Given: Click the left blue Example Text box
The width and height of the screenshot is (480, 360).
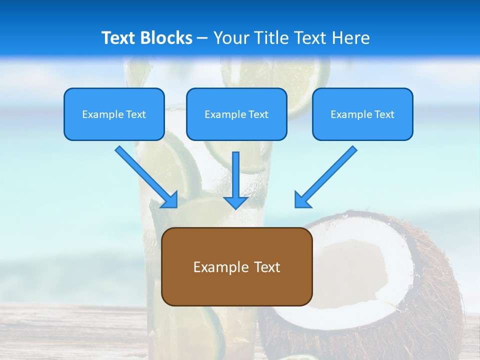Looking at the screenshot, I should [x=114, y=114].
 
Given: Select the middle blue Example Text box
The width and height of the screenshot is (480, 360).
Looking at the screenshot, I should [x=236, y=114].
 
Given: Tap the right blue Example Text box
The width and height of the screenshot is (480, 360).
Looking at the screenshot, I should [x=362, y=114].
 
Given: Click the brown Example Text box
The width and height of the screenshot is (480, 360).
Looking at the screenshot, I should [x=237, y=266].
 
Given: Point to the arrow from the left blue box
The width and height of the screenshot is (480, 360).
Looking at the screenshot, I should [x=145, y=175].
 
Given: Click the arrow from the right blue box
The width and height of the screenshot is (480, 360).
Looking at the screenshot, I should [x=327, y=175].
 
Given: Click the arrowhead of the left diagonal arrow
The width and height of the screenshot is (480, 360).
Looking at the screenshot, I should [x=170, y=200].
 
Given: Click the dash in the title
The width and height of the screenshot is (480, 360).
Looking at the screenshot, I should [x=202, y=38].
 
